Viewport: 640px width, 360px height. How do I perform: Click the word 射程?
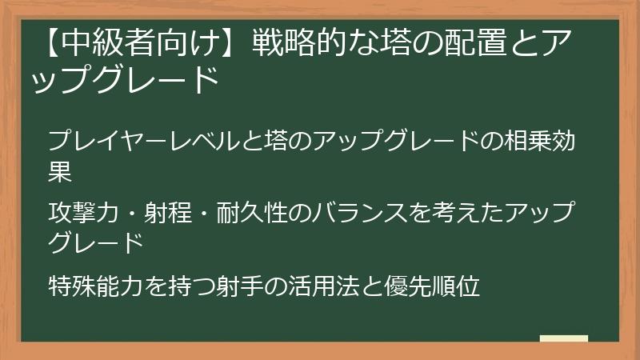(179, 212)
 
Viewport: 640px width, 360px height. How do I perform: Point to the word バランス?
(382, 212)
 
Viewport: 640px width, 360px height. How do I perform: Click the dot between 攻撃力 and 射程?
(134, 213)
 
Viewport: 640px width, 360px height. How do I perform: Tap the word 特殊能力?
(98, 284)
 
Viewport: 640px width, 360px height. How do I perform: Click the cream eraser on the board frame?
(564, 339)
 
